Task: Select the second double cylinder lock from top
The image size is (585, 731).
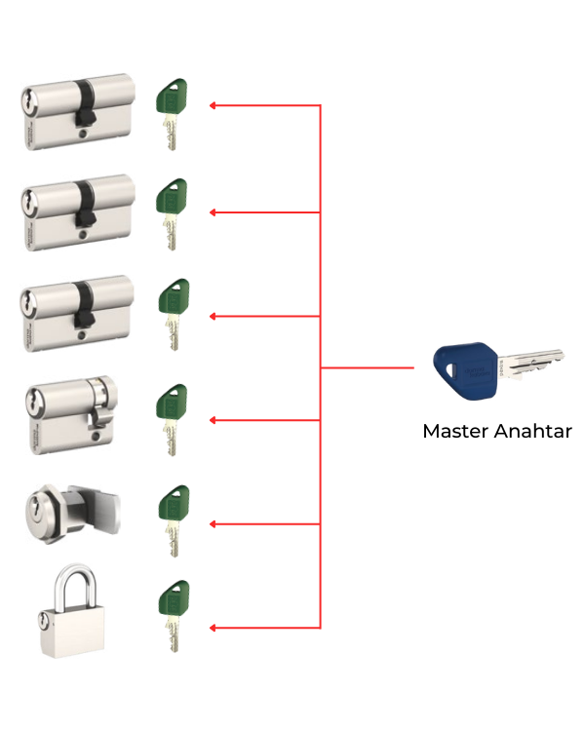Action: pos(76,212)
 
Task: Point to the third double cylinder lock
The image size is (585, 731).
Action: pos(76,313)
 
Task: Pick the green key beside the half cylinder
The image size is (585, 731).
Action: pos(172,418)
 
